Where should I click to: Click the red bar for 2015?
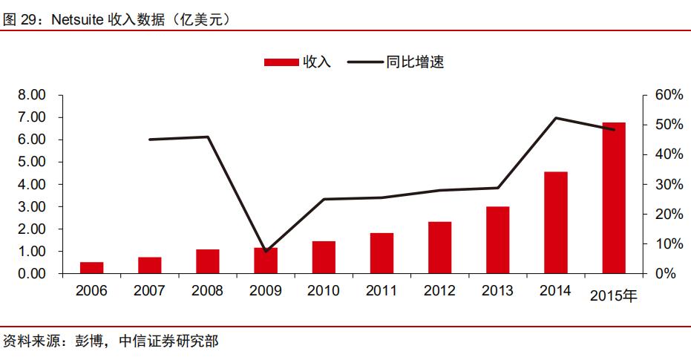tap(613, 197)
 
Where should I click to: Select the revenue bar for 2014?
tap(555, 223)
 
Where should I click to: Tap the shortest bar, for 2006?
tap(91, 267)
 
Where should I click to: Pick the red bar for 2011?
tap(381, 253)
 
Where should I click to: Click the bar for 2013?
tap(497, 240)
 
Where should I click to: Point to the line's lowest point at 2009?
tap(266, 251)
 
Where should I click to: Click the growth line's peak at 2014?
tap(556, 118)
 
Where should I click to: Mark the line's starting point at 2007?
tap(150, 140)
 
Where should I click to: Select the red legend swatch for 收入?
tap(281, 62)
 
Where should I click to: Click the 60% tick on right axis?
tap(667, 95)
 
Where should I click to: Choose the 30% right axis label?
tap(667, 184)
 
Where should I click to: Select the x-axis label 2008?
tap(207, 291)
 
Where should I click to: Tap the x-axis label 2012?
tap(439, 291)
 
